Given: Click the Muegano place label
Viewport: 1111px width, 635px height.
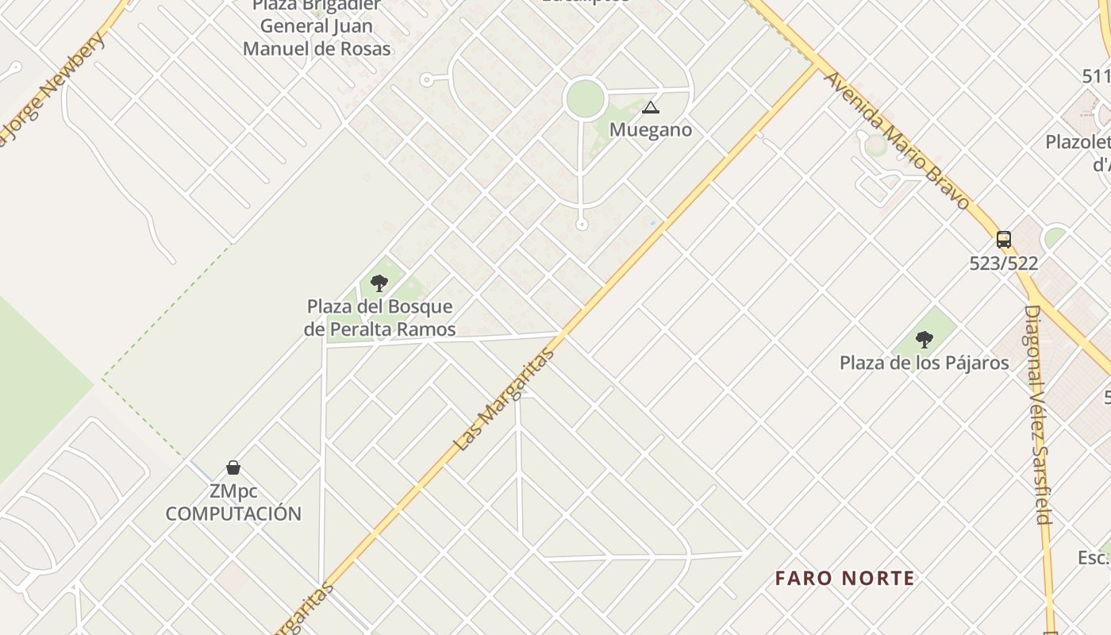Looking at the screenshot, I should pos(651,130).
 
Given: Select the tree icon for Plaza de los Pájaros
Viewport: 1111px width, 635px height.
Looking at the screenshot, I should pos(924,340).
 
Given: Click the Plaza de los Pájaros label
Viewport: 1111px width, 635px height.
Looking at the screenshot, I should pos(925,364).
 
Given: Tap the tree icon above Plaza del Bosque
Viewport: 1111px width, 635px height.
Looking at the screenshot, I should pos(379,283).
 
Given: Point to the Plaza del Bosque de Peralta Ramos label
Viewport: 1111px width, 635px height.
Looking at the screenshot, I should pos(380,317).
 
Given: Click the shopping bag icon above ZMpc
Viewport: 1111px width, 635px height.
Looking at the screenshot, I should pos(233,467).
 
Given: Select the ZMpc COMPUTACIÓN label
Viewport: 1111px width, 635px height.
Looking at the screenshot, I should pos(233,502).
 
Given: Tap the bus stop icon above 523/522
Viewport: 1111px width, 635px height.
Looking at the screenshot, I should pos(1004,239).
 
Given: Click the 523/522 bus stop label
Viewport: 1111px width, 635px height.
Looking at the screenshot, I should pos(1004,264).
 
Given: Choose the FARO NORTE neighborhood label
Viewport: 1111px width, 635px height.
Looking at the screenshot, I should pos(845,578).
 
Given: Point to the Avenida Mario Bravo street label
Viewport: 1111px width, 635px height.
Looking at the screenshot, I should pos(897,141).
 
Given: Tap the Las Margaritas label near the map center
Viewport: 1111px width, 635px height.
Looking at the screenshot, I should pos(503,401).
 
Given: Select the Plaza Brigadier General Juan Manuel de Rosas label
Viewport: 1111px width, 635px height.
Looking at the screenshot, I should pos(317,27).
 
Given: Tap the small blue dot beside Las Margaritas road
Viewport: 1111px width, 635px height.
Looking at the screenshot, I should pos(653,223).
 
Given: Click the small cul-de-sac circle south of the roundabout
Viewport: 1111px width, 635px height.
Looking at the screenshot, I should pos(582,225).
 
